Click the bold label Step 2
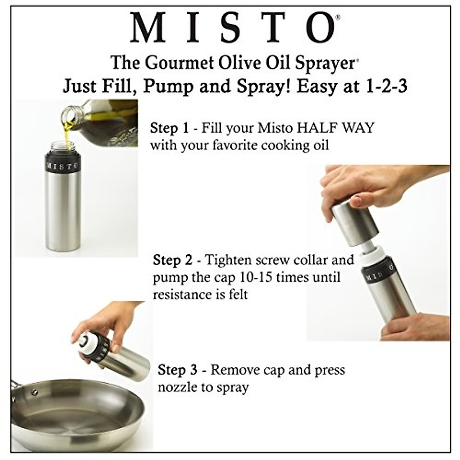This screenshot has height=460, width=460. click(x=172, y=260)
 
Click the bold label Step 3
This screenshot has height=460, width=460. click(x=177, y=370)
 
